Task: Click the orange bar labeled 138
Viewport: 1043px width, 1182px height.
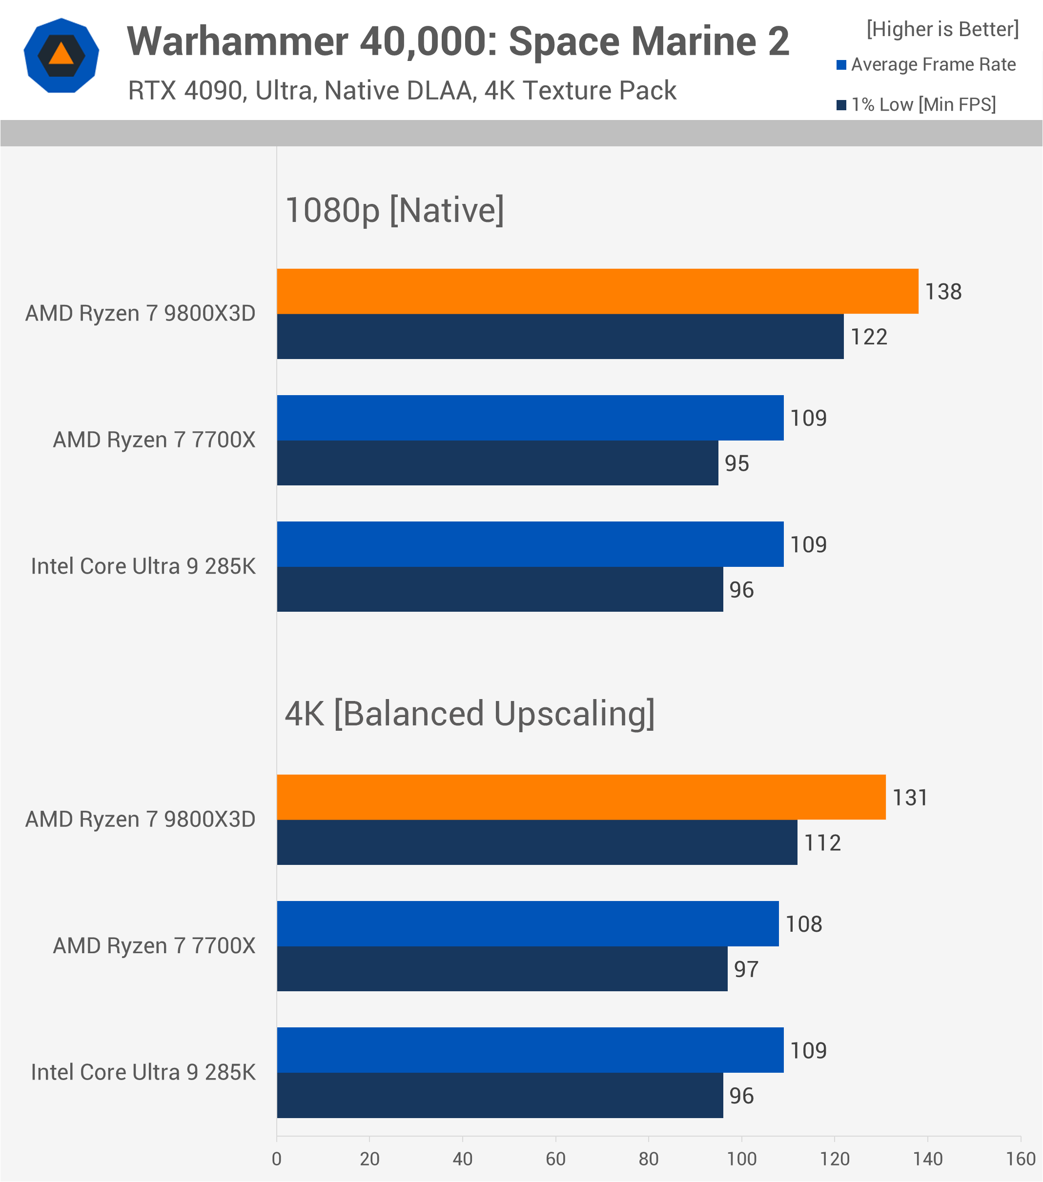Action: point(597,291)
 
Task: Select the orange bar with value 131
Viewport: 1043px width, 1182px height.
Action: point(581,797)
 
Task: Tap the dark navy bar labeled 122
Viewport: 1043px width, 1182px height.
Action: point(560,337)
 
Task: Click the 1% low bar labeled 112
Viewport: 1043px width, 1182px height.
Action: point(537,842)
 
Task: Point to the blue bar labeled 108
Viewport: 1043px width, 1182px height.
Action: point(528,923)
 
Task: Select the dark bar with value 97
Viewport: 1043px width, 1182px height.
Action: point(502,969)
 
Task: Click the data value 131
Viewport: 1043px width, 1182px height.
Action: point(910,798)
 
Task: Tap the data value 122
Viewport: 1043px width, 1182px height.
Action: point(868,337)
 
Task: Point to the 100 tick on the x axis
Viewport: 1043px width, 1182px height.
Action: point(741,1159)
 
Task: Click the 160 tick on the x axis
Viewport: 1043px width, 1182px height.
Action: point(1021,1159)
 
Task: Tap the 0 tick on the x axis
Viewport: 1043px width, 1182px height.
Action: point(277,1159)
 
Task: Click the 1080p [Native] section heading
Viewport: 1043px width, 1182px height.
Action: point(394,210)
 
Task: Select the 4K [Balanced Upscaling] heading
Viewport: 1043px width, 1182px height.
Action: point(470,713)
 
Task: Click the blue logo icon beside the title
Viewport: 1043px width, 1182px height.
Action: point(61,56)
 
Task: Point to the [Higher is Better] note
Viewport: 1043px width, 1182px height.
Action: point(942,29)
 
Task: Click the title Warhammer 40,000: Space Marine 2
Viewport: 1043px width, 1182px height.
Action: point(458,41)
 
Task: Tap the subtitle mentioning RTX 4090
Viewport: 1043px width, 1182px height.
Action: point(402,91)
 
